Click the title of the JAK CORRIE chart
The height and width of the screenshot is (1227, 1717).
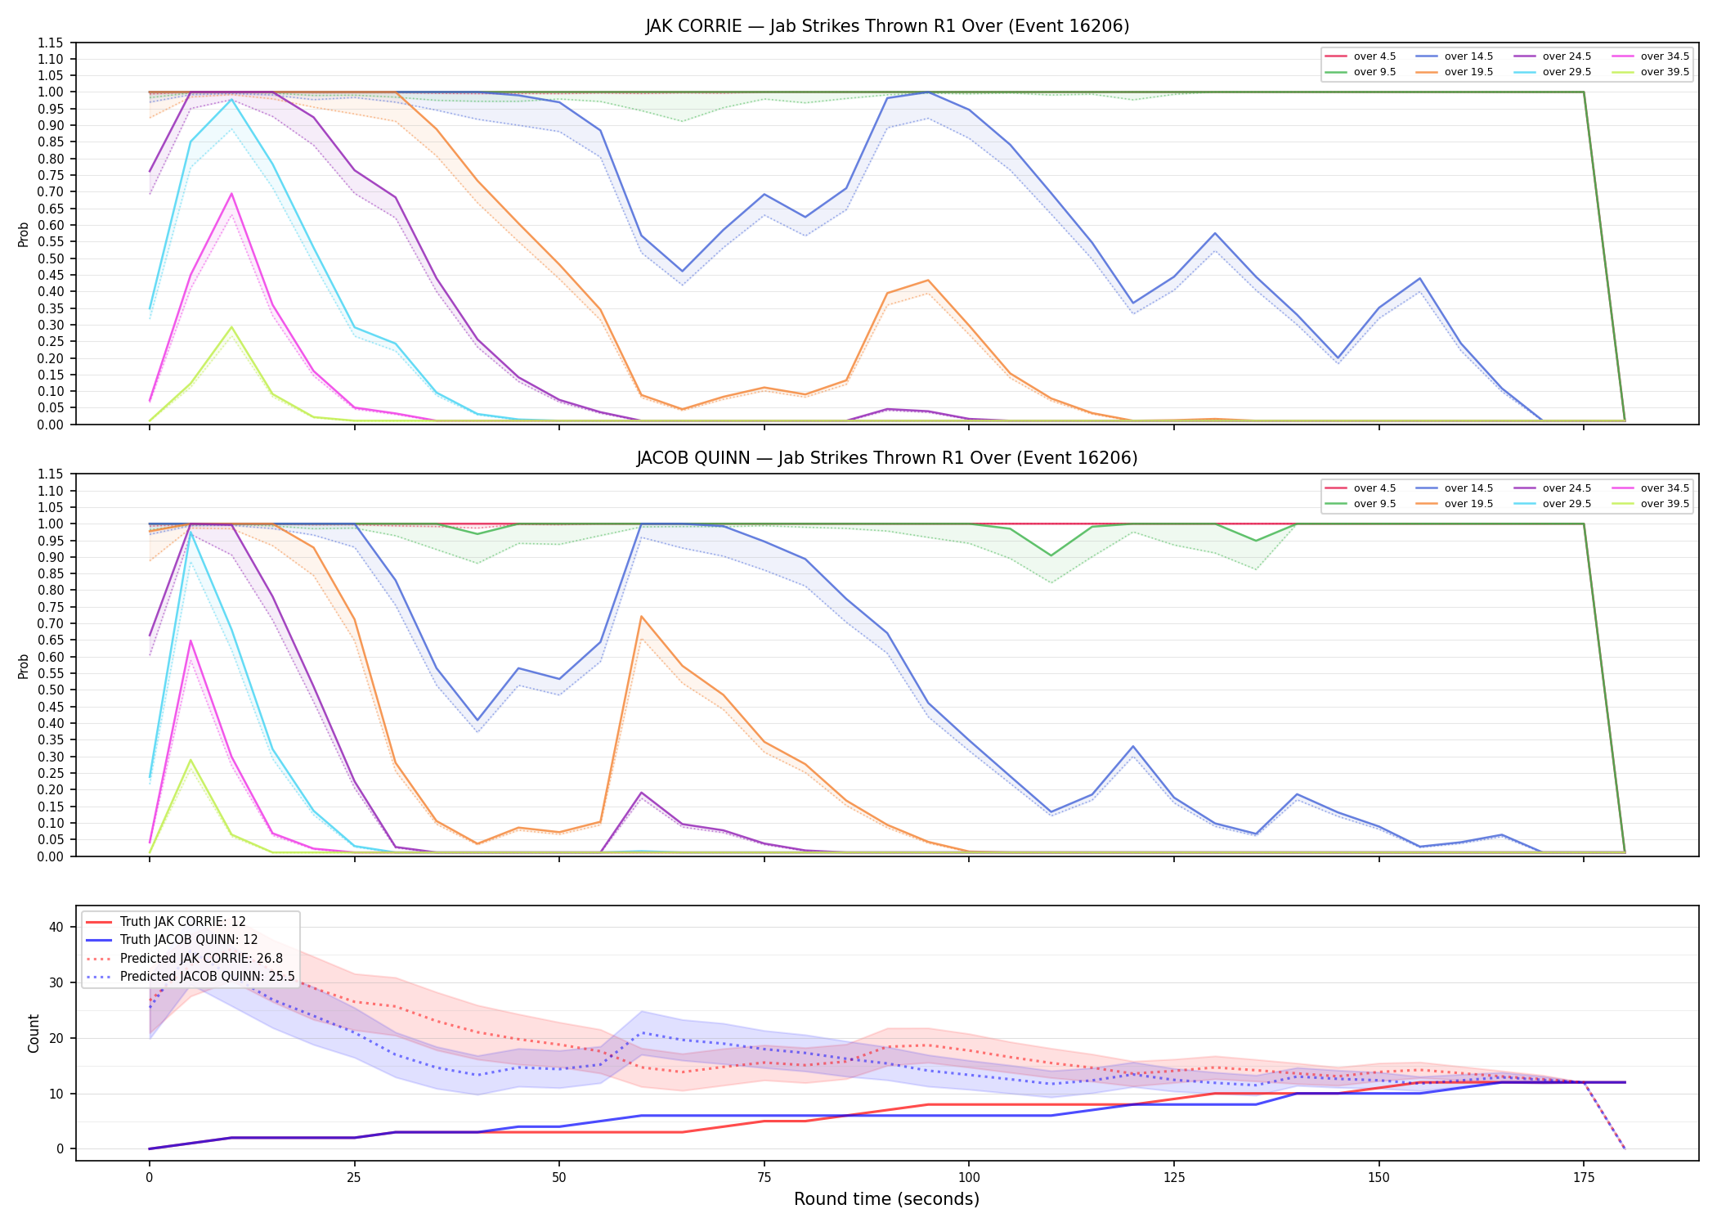click(x=887, y=26)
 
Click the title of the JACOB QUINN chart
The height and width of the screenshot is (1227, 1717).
click(x=887, y=458)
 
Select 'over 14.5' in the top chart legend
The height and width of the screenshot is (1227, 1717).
click(x=1468, y=56)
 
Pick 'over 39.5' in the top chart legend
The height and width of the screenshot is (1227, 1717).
click(x=1665, y=72)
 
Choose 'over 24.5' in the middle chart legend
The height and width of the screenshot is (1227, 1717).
click(x=1567, y=488)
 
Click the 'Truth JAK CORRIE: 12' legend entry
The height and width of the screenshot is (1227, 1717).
click(x=182, y=922)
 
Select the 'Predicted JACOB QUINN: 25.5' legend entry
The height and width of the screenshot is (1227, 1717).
click(x=207, y=977)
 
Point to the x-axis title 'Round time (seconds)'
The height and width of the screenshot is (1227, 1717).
click(x=886, y=1199)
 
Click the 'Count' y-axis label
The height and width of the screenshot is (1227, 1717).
click(x=34, y=1033)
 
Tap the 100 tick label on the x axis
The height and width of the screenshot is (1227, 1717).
click(x=968, y=1178)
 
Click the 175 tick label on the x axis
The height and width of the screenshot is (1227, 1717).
click(x=1584, y=1178)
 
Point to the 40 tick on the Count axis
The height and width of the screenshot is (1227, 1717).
click(x=56, y=927)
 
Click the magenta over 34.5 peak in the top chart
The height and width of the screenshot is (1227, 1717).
click(x=231, y=194)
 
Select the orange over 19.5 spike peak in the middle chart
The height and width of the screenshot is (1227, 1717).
click(x=642, y=617)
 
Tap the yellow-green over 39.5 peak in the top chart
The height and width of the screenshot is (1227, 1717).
click(x=231, y=327)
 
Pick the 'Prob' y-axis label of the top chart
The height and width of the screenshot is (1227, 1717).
click(x=24, y=234)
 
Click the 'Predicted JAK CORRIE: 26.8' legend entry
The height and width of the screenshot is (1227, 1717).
click(x=201, y=959)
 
